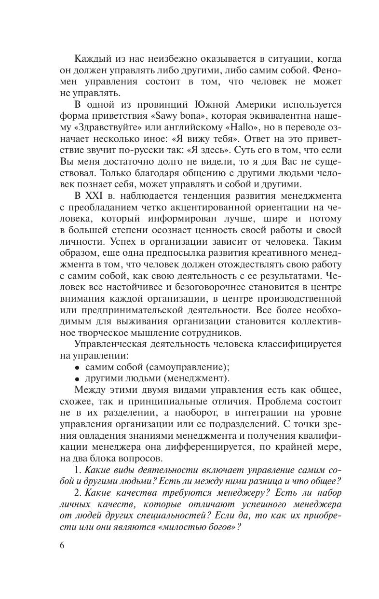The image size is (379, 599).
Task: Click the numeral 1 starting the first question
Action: point(78,470)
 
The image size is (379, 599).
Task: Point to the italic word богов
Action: point(222,528)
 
